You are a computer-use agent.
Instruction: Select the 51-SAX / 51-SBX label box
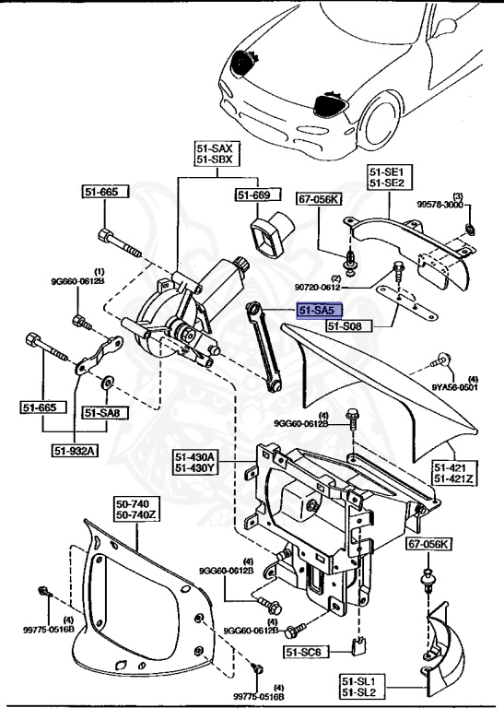pyautogui.click(x=217, y=154)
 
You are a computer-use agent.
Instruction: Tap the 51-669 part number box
pyautogui.click(x=253, y=195)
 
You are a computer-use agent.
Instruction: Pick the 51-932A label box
pyautogui.click(x=75, y=450)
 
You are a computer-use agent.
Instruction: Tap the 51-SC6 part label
pyautogui.click(x=304, y=651)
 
